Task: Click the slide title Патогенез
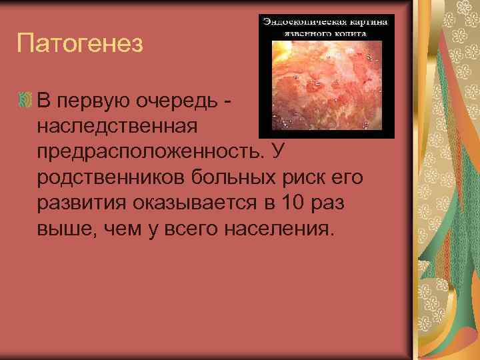tap(80, 45)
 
